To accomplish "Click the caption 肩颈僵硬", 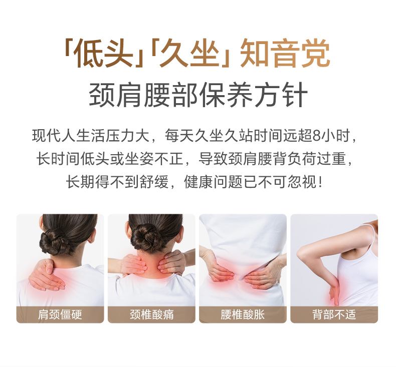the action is coord(60,314).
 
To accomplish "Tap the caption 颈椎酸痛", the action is coord(151,314).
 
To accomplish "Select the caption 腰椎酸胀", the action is coord(243,314).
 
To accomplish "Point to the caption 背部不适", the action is coord(334,314).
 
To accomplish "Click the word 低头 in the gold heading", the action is coord(104,53).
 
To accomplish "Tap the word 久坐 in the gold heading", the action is coord(189,53).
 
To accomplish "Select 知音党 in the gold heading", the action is coord(285,53).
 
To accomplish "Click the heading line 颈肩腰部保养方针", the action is coord(199,95).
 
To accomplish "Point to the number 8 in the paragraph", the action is coord(316,136).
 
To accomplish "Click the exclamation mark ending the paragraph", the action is coord(320,182).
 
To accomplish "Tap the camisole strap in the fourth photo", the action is coord(370,233).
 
